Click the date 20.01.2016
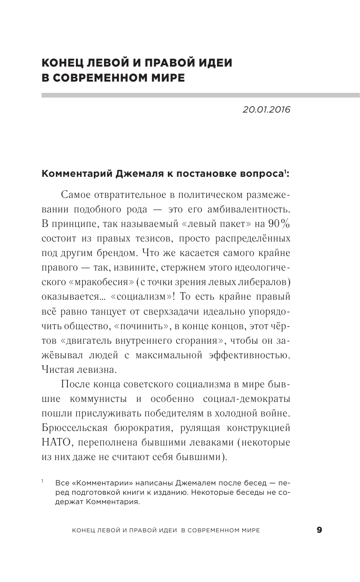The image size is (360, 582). point(267,110)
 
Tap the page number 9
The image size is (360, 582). point(319,530)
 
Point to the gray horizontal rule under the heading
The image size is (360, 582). point(201,95)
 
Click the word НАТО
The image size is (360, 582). point(55,442)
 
